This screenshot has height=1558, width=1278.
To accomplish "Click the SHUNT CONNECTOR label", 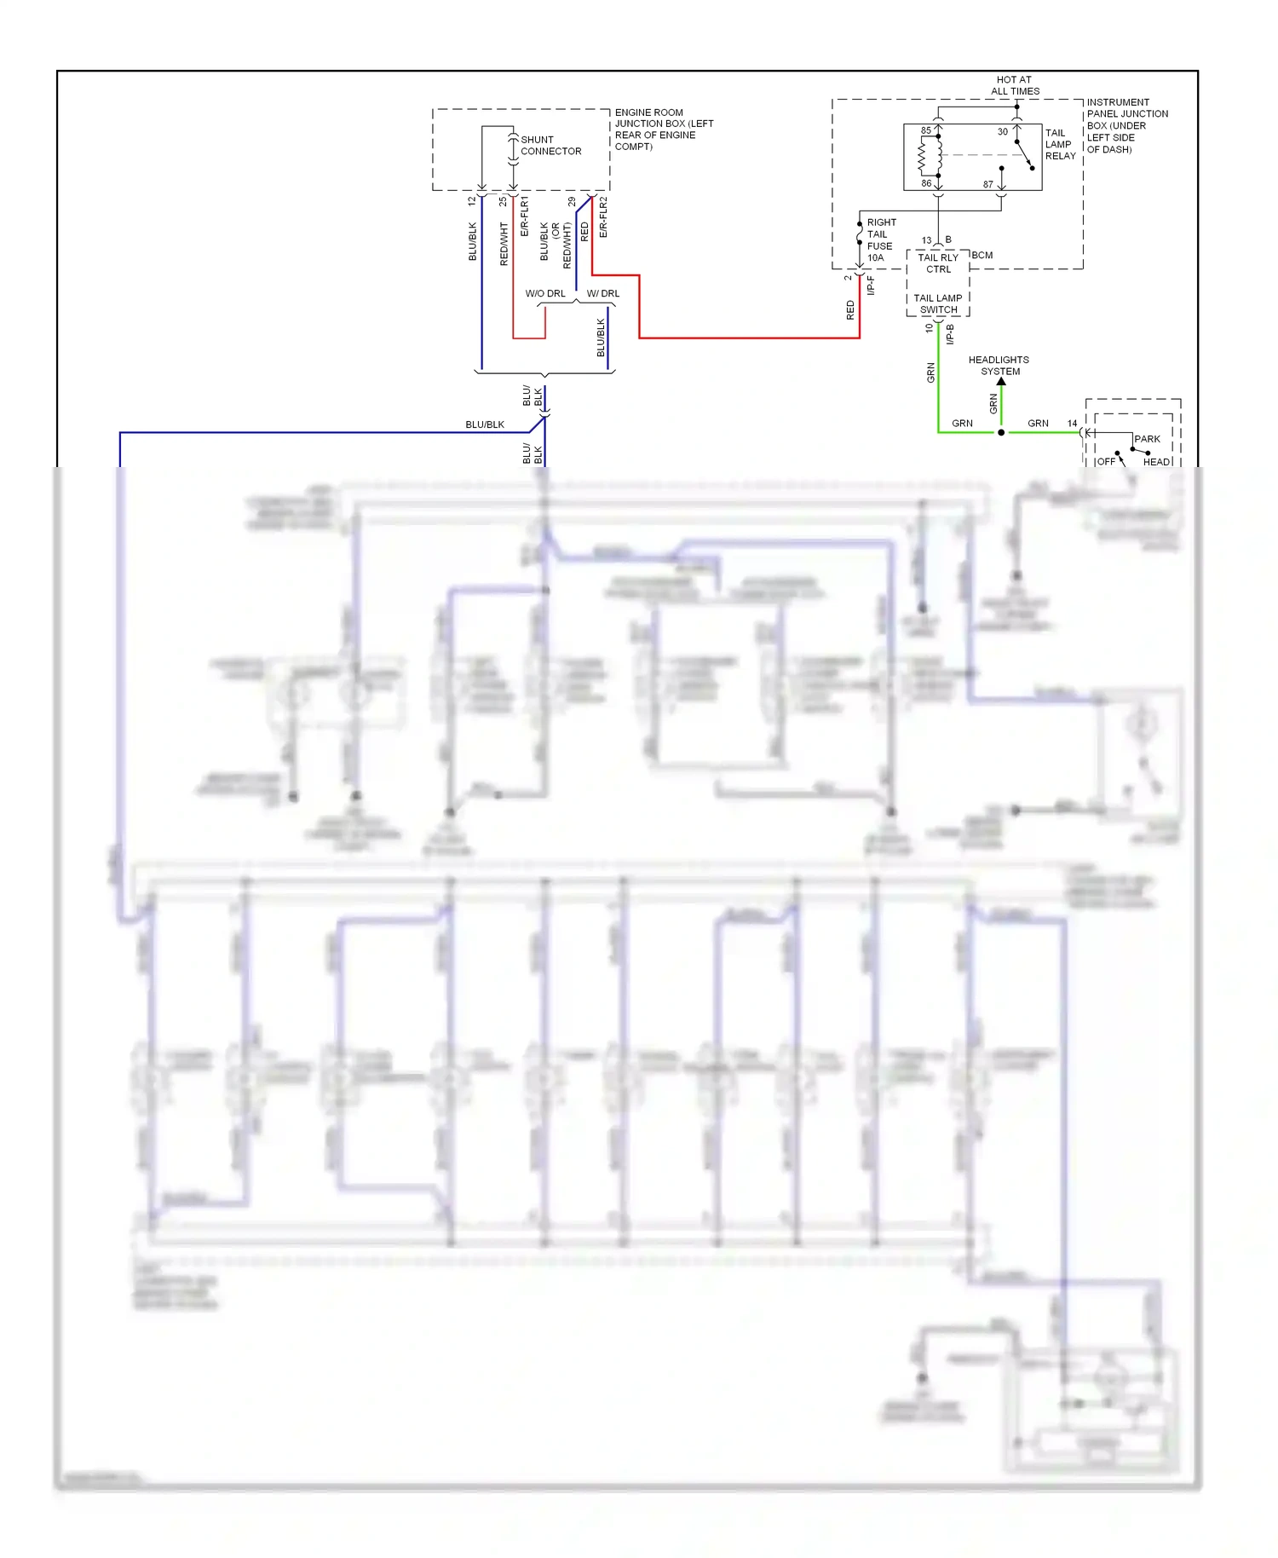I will pyautogui.click(x=550, y=146).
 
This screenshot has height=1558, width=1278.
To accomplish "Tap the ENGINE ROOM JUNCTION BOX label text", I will pyautogui.click(x=663, y=129).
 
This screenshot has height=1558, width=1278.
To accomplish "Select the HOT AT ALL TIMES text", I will pyautogui.click(x=1015, y=85).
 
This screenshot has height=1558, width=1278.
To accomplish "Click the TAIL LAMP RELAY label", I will pyautogui.click(x=1060, y=144).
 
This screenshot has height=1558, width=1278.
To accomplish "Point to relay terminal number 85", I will pyautogui.click(x=925, y=130).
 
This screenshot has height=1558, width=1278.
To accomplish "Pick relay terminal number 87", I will pyautogui.click(x=987, y=184).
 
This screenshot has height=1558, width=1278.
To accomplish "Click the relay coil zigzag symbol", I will pyautogui.click(x=923, y=156).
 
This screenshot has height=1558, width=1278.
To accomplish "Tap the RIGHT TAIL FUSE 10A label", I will pyautogui.click(x=880, y=239).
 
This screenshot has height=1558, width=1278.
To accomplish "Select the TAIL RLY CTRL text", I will pyautogui.click(x=937, y=263).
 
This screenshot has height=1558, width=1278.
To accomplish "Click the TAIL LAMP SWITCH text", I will pyautogui.click(x=937, y=303).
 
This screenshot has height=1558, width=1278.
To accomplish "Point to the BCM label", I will pyautogui.click(x=982, y=255).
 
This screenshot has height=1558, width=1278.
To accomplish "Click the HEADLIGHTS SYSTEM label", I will pyautogui.click(x=999, y=365).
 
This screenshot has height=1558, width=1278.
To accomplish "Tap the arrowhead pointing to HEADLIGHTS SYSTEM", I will pyautogui.click(x=1001, y=381).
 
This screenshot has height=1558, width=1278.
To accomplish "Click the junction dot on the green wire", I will pyautogui.click(x=1001, y=432).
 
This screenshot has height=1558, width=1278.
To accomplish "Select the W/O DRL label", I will pyautogui.click(x=545, y=293).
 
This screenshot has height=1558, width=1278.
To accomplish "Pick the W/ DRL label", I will pyautogui.click(x=603, y=293).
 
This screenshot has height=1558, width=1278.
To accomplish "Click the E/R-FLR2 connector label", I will pyautogui.click(x=603, y=216).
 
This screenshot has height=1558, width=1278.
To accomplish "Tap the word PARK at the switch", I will pyautogui.click(x=1147, y=439).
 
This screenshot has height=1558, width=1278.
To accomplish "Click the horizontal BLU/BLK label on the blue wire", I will pyautogui.click(x=485, y=424).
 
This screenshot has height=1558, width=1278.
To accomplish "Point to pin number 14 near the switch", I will pyautogui.click(x=1072, y=423).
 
